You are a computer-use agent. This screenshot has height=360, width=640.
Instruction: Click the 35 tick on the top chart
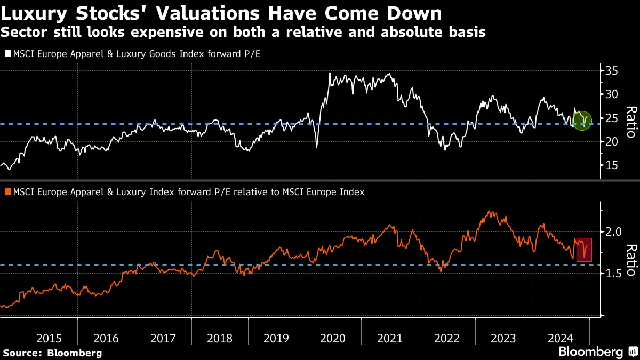pos(611,70)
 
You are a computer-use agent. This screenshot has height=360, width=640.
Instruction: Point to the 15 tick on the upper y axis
pos(611,165)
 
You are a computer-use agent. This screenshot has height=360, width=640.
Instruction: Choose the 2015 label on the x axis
pos(49,338)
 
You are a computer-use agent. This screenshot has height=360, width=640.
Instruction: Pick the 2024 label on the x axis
pos(560,338)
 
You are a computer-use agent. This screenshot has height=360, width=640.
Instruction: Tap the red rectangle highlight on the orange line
pos(585,250)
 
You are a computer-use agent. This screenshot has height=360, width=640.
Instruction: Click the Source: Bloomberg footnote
pos(52,353)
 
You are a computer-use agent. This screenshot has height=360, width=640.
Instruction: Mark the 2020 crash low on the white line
pos(317,147)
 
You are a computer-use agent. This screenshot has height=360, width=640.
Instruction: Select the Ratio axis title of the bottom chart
pos(630,260)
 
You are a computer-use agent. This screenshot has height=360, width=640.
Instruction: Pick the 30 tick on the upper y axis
pos(611,94)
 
